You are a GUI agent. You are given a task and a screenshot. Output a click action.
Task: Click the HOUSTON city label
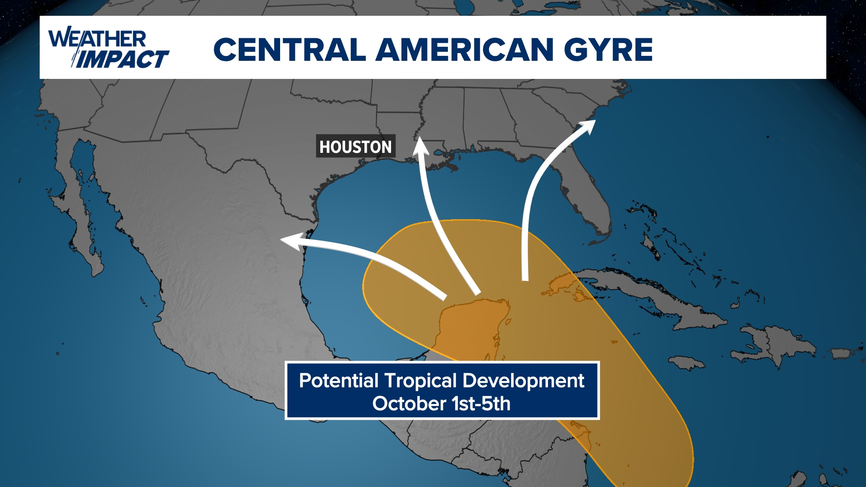click(355, 147)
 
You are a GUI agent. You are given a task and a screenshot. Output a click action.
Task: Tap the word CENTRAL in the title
click(289, 50)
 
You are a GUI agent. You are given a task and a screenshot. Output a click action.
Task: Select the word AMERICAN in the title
click(465, 50)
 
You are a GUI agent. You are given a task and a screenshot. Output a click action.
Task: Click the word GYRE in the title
click(608, 50)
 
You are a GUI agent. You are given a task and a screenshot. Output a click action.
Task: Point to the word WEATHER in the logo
click(97, 39)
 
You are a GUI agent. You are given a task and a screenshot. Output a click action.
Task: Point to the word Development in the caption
click(523, 381)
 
